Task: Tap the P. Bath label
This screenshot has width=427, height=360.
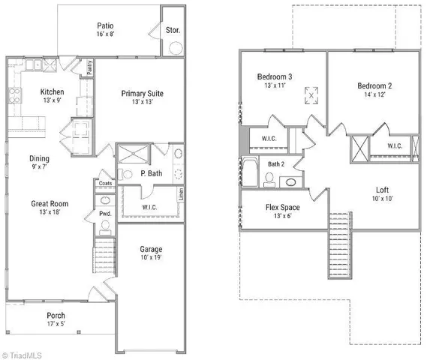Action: (x=150, y=173)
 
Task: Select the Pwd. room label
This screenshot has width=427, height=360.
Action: (x=104, y=214)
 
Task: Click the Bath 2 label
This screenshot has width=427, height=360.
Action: (x=277, y=163)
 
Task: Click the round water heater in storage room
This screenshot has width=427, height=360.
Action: (x=175, y=49)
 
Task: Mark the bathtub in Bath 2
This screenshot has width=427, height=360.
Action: (x=249, y=172)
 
